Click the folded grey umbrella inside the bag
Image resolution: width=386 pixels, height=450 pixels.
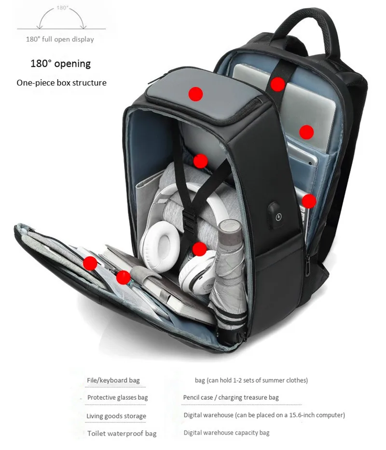tap(229, 273)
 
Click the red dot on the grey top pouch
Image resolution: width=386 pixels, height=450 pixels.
tap(196, 94)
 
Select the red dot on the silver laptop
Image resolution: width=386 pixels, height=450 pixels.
tap(306, 132)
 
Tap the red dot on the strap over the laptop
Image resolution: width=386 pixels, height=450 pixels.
tap(278, 85)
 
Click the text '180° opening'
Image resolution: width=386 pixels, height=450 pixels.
tap(60, 63)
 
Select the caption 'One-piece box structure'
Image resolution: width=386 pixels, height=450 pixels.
tap(61, 83)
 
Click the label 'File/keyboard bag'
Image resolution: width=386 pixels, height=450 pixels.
tap(113, 380)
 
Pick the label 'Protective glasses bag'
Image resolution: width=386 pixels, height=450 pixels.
tap(118, 397)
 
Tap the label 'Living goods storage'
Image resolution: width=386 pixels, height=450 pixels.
tap(116, 416)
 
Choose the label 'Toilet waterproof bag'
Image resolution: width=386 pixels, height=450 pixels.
tap(122, 434)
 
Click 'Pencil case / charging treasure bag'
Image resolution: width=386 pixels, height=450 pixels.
tap(231, 397)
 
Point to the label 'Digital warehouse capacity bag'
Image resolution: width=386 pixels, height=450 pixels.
tap(226, 433)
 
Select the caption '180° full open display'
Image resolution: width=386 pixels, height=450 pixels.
tap(60, 39)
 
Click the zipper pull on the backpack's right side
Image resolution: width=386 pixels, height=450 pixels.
tap(307, 265)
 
